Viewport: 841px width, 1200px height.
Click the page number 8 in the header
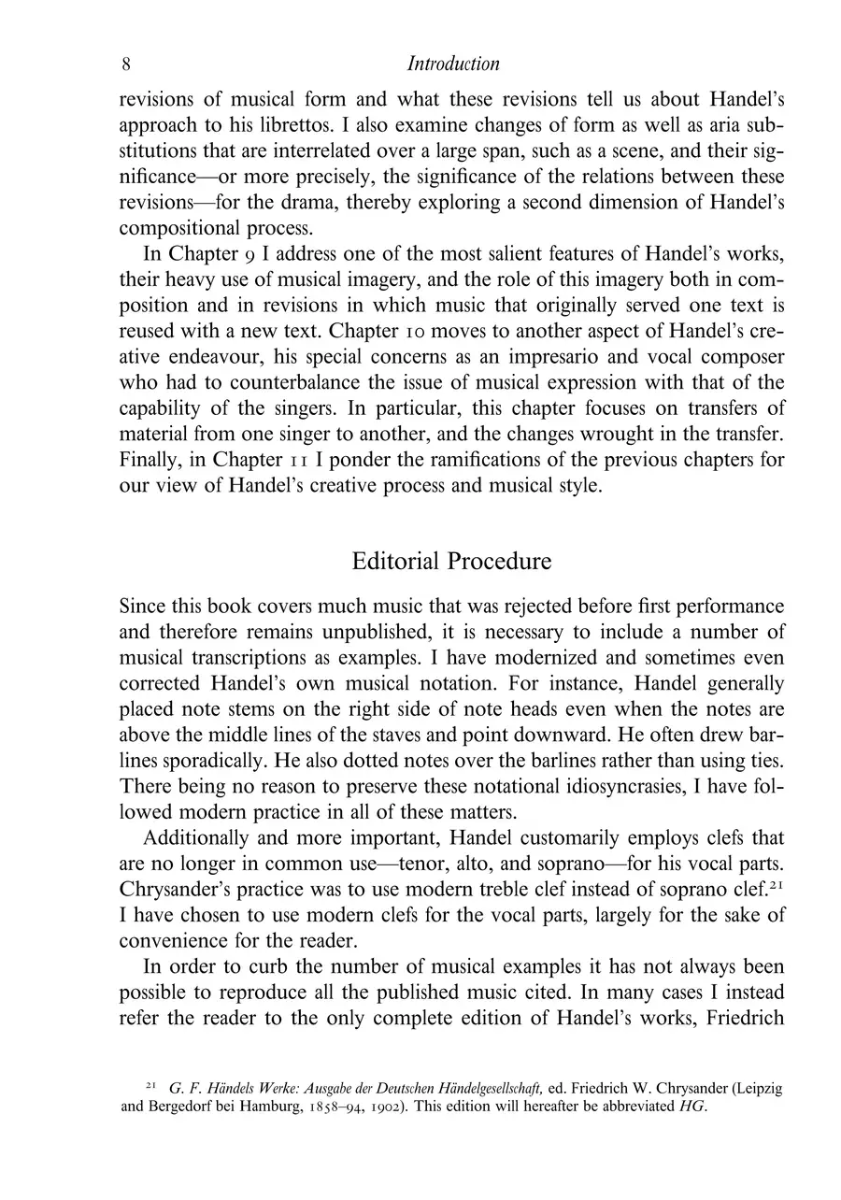pyautogui.click(x=126, y=64)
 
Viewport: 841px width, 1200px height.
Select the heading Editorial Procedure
pyautogui.click(x=451, y=562)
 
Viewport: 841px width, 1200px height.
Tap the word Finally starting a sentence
pyautogui.click(x=150, y=461)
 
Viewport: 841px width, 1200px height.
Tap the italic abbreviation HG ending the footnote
pyautogui.click(x=693, y=1107)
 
